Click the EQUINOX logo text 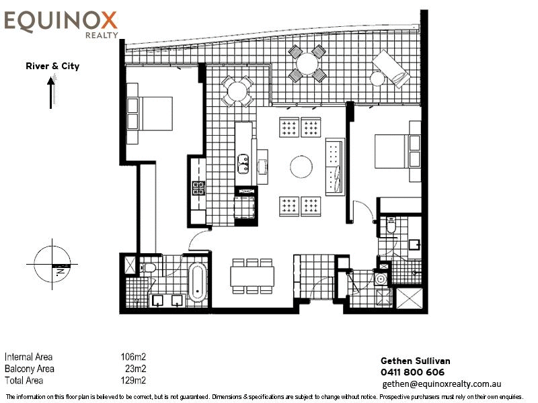point(61,21)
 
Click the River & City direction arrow point(51,93)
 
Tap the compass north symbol point(52,264)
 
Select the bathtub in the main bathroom point(197,283)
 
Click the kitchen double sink point(243,163)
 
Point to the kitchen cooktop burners point(198,189)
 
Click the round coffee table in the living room point(301,167)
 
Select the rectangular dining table point(253,276)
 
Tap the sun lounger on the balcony point(391,69)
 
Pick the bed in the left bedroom point(149,113)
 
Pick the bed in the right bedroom point(397,151)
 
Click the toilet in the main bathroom point(147,267)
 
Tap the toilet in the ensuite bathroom point(391,224)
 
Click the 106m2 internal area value point(133,357)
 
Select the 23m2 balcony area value point(136,369)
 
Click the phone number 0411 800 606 point(412,372)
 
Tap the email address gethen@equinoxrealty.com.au point(442,384)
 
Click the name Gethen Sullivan point(416,361)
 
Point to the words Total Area point(24,380)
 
